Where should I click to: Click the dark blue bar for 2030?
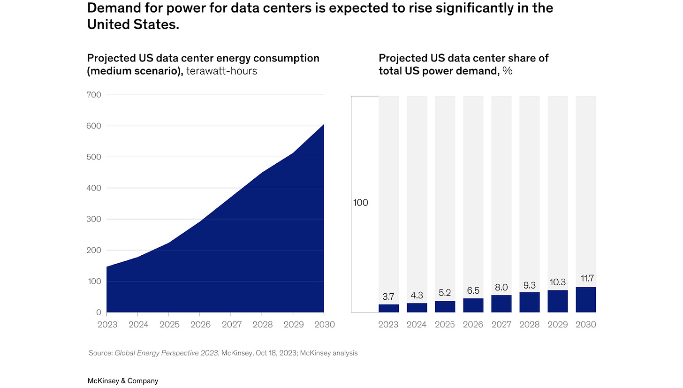(585, 300)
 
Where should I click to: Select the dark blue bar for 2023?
(388, 308)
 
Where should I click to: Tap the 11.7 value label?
(585, 279)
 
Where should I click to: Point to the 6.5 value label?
(473, 290)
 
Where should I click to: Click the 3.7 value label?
(388, 297)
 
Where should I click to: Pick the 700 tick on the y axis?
(94, 95)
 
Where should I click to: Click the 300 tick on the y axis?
(94, 219)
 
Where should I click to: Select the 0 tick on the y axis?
(99, 312)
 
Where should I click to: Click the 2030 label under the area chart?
(324, 325)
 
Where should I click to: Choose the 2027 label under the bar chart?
(501, 325)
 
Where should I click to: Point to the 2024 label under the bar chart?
(417, 325)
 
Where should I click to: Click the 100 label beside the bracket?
(360, 203)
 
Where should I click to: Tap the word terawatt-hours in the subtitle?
(221, 71)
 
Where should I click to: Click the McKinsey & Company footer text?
(123, 381)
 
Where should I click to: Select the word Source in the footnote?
(100, 353)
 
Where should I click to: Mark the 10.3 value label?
(557, 282)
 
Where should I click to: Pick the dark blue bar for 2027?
(501, 304)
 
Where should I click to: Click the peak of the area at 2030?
(323, 125)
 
